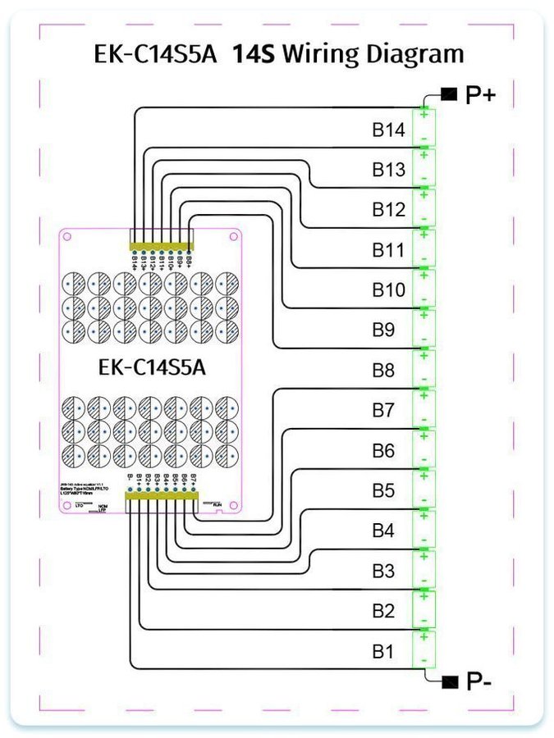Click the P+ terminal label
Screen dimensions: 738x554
pos(480,95)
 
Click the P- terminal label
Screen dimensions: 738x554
pos(478,681)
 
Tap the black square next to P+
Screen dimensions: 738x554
pos(448,94)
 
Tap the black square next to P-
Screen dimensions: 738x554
pos(448,681)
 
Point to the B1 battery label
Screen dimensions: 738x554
pos(382,653)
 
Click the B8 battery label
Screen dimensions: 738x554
pos(383,371)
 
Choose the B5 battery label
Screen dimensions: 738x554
pos(383,491)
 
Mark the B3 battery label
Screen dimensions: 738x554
pos(383,571)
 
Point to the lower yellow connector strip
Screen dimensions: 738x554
pos(161,494)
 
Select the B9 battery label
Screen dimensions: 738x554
pos(383,330)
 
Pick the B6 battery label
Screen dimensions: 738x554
pos(383,451)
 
